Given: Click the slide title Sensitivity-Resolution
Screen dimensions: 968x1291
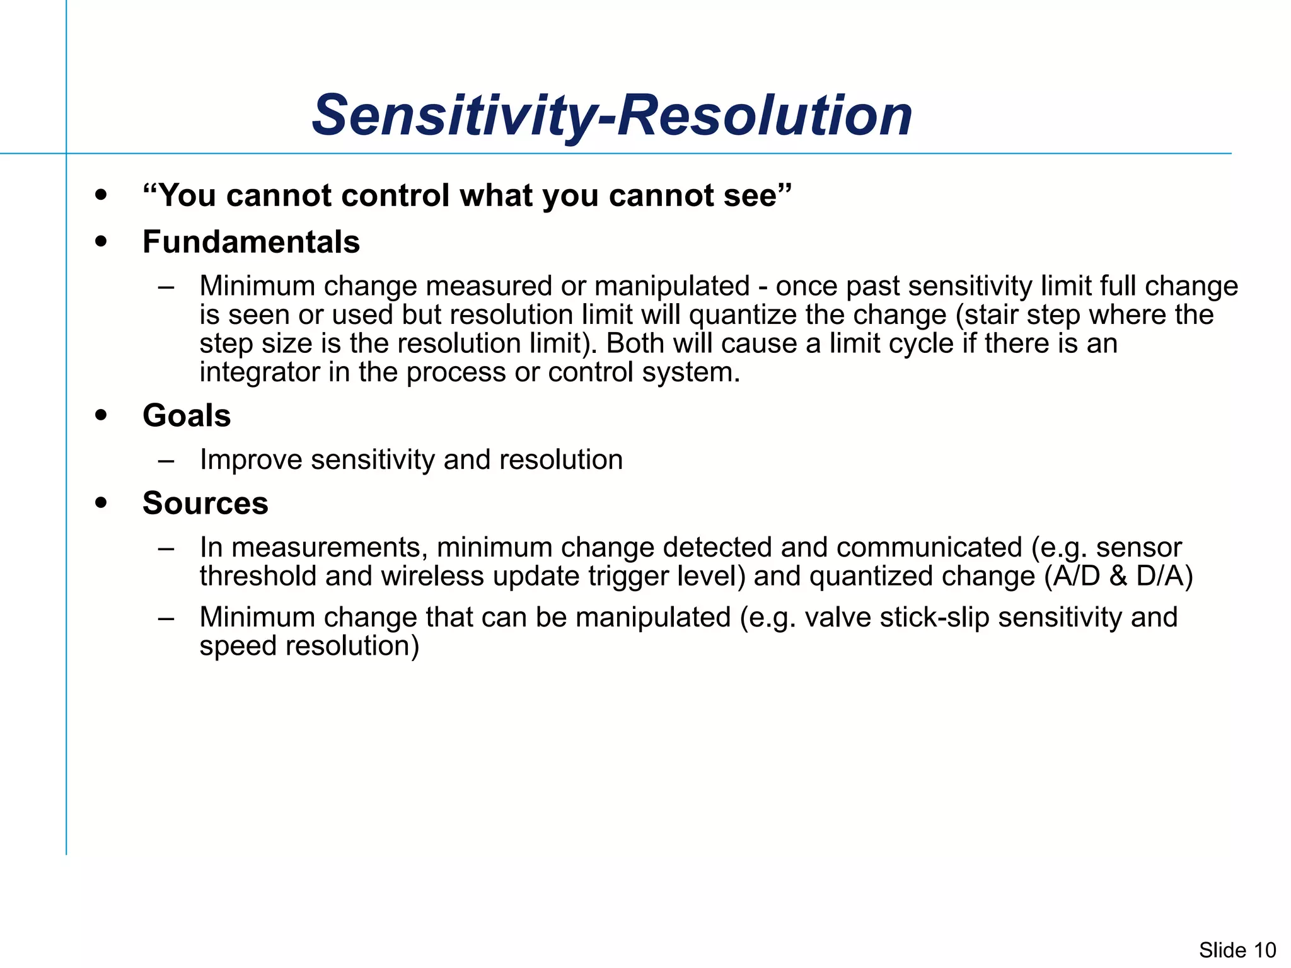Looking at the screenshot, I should point(611,115).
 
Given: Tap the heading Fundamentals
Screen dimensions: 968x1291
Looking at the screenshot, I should point(251,242).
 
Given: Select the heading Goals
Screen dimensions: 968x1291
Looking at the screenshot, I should point(187,416).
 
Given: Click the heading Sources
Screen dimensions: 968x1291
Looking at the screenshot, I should point(205,504).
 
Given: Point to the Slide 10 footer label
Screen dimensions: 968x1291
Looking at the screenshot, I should point(1237,950).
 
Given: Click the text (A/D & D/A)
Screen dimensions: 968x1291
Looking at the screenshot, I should point(1118,577).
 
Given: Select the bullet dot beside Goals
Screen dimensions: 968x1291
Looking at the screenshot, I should point(101,415).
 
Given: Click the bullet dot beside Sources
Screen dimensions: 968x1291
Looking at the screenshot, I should point(101,503).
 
